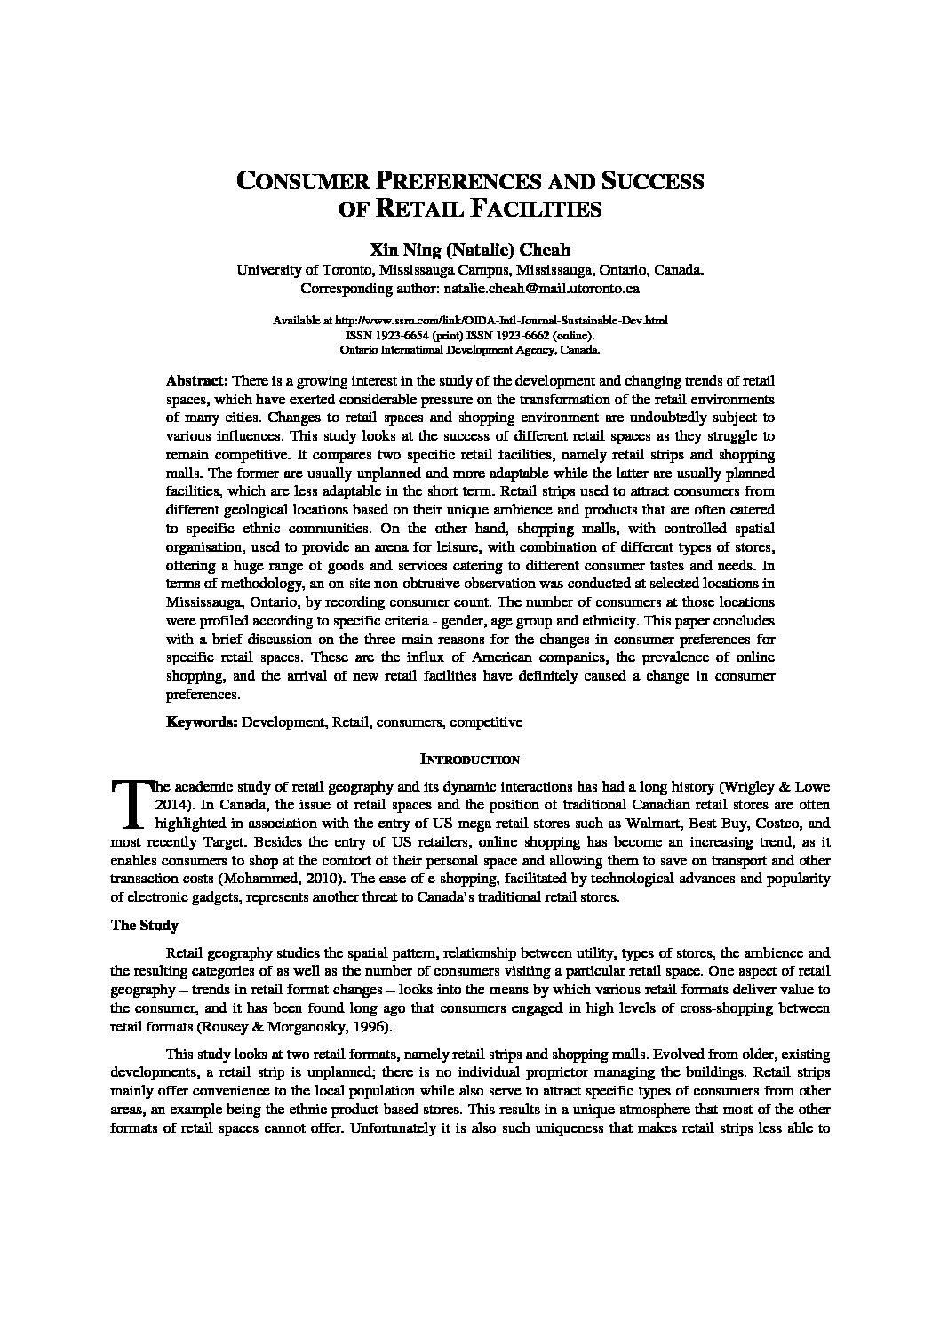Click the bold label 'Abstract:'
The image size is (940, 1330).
(197, 379)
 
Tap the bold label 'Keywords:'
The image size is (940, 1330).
(202, 721)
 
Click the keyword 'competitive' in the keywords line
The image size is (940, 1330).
(486, 721)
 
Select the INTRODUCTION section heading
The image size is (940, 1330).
(469, 760)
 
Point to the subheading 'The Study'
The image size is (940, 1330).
(144, 926)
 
